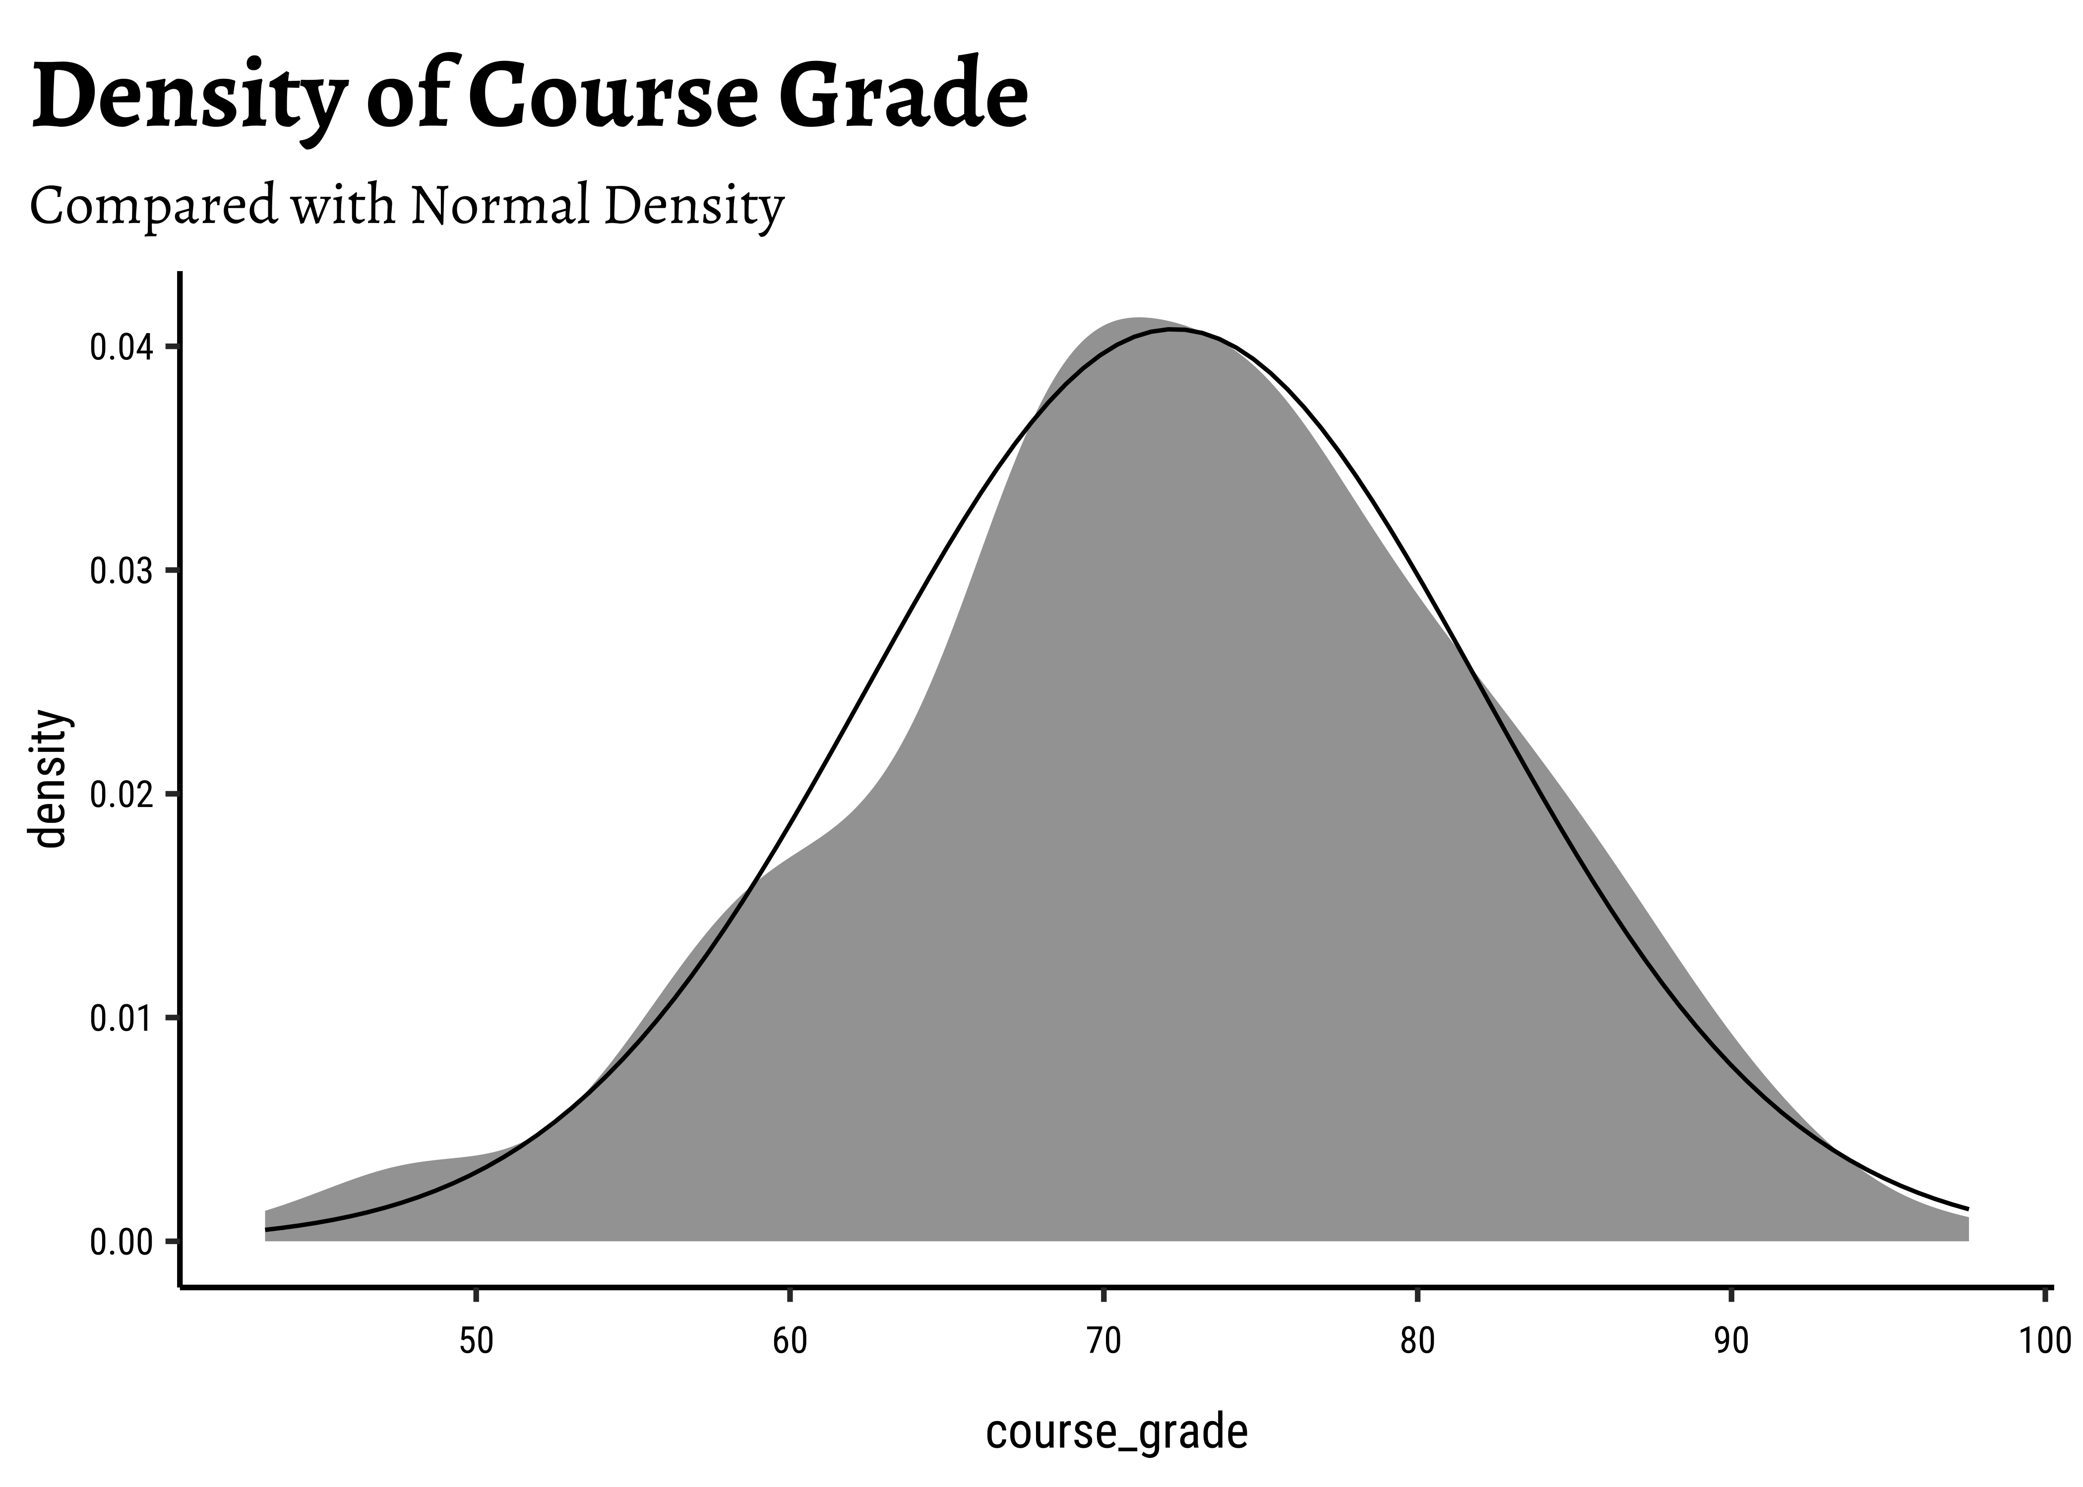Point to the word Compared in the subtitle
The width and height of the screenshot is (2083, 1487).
point(153,207)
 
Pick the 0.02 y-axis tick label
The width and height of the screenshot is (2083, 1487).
point(120,795)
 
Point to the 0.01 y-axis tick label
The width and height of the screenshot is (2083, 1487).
point(120,1018)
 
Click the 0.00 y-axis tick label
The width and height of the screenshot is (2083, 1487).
point(120,1243)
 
